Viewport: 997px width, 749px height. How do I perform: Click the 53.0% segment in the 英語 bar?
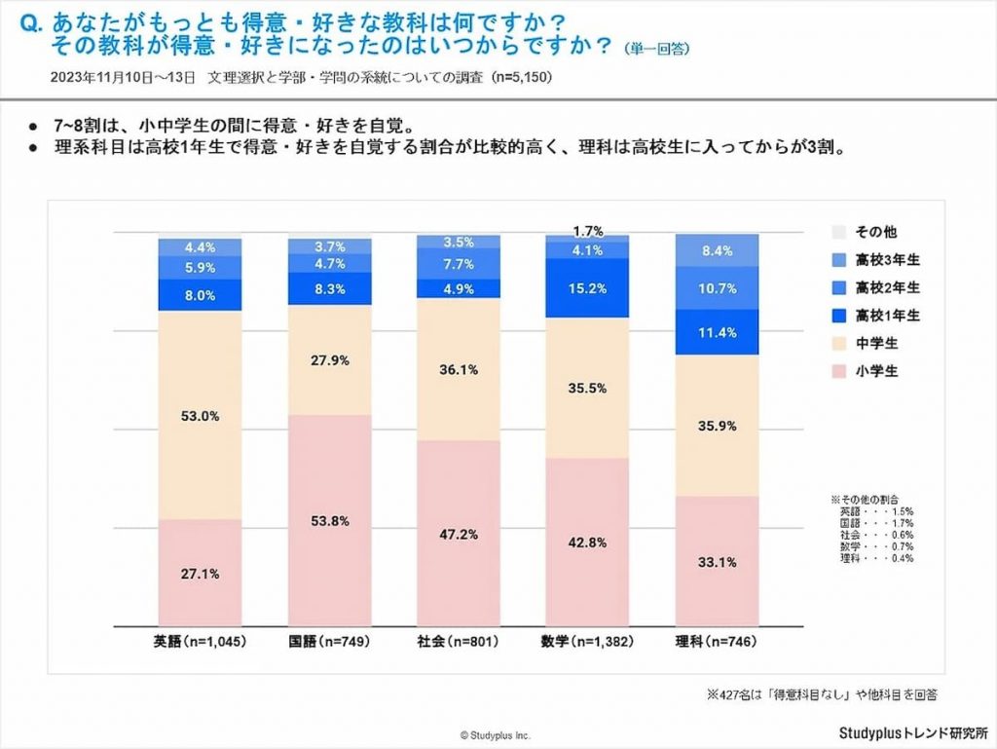coord(200,417)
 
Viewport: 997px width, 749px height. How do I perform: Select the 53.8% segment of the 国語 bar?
coord(329,520)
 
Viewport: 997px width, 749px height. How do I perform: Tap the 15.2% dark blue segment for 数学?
coord(587,288)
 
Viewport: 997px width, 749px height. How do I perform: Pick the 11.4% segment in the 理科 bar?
coord(717,332)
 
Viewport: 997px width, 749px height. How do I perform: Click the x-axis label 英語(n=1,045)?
coord(200,642)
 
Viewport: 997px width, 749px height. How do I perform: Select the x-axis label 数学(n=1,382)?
coord(587,642)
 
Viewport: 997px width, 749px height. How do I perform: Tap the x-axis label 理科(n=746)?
coord(717,642)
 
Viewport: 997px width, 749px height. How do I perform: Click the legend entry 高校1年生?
coord(874,315)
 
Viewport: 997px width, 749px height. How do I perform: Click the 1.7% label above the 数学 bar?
coord(587,231)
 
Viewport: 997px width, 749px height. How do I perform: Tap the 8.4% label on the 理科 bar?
coord(717,251)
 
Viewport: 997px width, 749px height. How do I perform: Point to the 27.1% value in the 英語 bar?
coord(200,574)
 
